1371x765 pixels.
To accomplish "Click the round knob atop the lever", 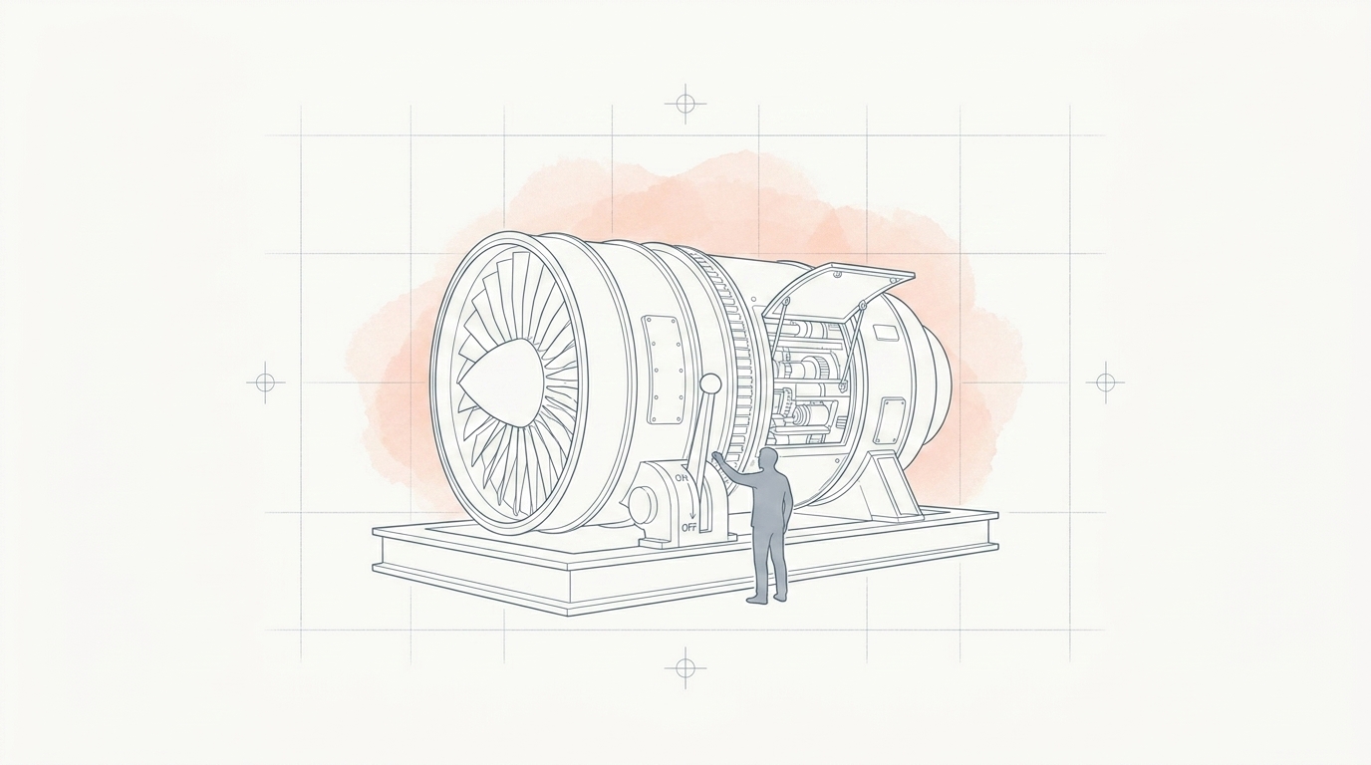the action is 710,384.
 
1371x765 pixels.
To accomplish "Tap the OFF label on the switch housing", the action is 689,527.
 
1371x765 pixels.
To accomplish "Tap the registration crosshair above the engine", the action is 685,103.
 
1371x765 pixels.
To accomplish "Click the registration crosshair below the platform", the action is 685,665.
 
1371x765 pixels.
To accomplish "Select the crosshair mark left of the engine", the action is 265,383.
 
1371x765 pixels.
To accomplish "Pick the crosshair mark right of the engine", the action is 1105,383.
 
